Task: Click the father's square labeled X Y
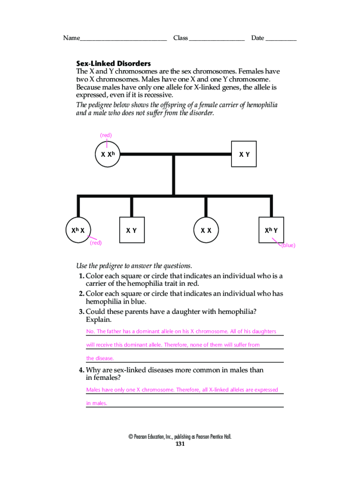click(x=244, y=154)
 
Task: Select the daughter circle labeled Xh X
click(x=78, y=230)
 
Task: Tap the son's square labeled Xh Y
click(x=271, y=230)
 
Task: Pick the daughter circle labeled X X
click(x=206, y=230)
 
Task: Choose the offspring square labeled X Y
click(x=131, y=230)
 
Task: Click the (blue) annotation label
click(x=288, y=245)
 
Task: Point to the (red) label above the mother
click(x=106, y=135)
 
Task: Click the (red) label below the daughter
click(x=96, y=243)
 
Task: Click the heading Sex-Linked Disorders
click(x=114, y=63)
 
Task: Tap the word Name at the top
click(x=71, y=38)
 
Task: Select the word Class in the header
click(x=180, y=38)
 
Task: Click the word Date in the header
click(x=258, y=38)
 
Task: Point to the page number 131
click(x=180, y=444)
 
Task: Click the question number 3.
click(x=81, y=312)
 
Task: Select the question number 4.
click(x=81, y=370)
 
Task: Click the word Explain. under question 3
click(x=99, y=320)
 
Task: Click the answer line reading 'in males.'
click(x=97, y=403)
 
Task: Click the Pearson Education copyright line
click(x=180, y=437)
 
